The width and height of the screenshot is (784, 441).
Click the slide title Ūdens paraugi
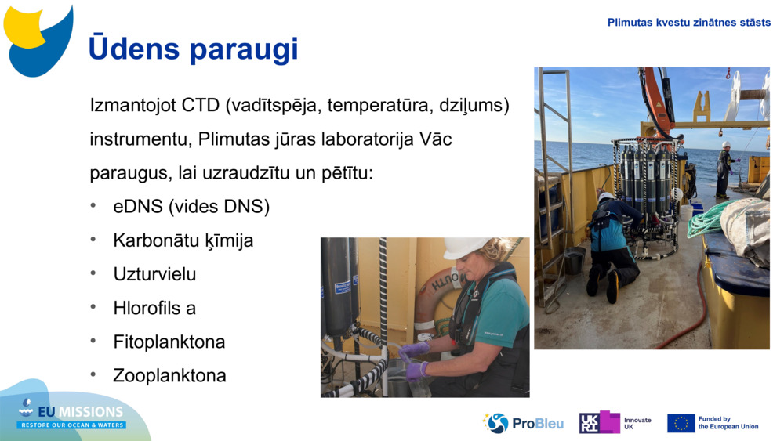coord(193,49)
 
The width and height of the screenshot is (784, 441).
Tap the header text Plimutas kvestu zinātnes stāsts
coord(688,23)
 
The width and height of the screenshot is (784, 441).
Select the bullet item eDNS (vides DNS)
coord(191,207)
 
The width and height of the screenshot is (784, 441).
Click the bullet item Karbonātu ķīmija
coord(183,240)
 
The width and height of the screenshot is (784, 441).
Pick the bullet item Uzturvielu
coord(154,274)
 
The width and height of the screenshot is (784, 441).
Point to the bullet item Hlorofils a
coord(154,308)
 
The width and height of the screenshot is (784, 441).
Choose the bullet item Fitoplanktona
coord(169,342)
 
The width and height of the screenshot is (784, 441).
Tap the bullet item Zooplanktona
coord(169,375)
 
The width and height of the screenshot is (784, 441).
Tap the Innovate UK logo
coord(615,423)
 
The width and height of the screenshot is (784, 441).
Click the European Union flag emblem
coord(681,423)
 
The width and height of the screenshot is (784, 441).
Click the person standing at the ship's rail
coord(724,169)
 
